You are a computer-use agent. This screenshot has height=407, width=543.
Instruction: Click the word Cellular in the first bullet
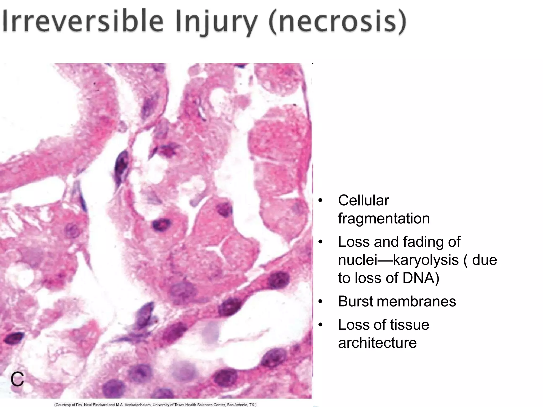tap(364, 200)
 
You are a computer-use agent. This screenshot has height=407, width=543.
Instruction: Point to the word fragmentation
tap(384, 218)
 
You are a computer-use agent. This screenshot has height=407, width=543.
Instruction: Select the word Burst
tap(356, 301)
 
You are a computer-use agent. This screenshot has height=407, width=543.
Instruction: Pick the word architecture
tap(377, 343)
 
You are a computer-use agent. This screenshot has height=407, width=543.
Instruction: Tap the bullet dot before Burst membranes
tap(321, 302)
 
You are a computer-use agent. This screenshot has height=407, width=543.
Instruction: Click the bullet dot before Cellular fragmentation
tap(321, 201)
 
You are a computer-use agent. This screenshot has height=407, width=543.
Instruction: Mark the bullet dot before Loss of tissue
tap(321, 325)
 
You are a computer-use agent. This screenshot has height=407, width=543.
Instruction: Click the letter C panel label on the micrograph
tap(17, 379)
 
